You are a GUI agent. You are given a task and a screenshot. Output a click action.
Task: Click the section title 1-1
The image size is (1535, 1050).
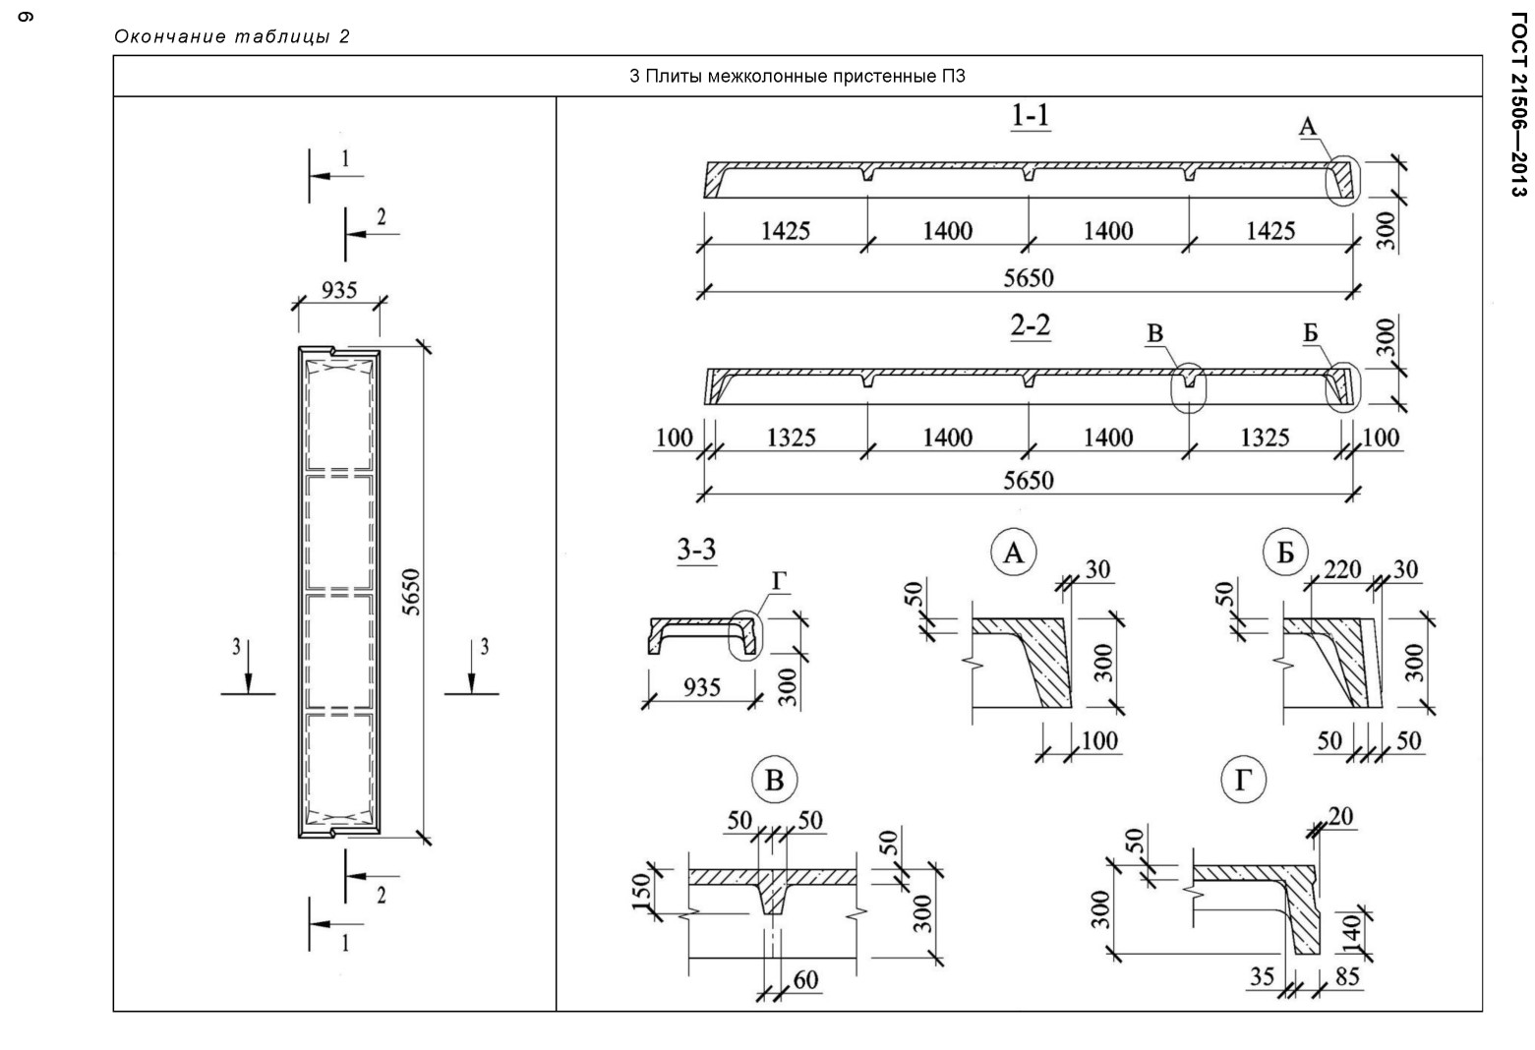(1030, 115)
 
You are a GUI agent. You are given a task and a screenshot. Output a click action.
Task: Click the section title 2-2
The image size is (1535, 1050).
(1030, 325)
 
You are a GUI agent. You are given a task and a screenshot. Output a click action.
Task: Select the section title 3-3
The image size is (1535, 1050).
(696, 550)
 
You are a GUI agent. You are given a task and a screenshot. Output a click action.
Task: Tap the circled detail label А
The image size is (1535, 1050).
(1013, 553)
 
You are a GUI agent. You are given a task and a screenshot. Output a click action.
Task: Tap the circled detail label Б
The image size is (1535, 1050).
(1285, 553)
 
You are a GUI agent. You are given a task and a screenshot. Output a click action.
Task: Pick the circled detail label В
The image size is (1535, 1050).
(774, 781)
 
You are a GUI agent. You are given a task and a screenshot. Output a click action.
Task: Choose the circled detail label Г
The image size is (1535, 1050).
(1243, 781)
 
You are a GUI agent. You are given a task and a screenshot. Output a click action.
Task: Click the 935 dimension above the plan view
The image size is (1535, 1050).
(339, 290)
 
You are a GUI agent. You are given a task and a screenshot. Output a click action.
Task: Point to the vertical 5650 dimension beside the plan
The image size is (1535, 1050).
(410, 592)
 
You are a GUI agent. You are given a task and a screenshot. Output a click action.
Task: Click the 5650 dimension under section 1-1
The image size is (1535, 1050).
(1029, 278)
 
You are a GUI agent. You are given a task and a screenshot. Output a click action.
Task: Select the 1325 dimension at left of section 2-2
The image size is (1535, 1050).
(791, 437)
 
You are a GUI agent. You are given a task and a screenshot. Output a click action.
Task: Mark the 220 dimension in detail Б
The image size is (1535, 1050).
(1342, 569)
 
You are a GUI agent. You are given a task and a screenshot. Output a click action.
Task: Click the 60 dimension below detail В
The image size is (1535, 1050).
(806, 980)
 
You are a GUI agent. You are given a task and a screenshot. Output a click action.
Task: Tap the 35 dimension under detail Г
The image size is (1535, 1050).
(1262, 976)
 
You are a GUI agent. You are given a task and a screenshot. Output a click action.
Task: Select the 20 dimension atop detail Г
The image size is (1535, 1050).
(1340, 816)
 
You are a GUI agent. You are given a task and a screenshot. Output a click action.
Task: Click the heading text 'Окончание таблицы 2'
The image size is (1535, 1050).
(232, 36)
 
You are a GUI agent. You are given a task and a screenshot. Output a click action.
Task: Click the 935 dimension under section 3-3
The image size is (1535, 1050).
(702, 687)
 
